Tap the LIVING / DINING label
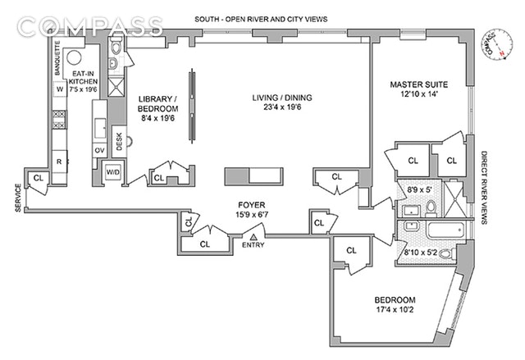coord(282,100)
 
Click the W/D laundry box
coord(113,173)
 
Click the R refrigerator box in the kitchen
coord(59,161)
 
